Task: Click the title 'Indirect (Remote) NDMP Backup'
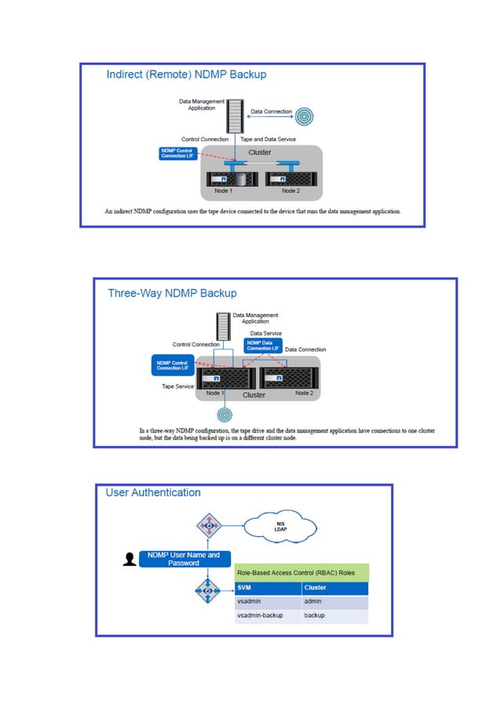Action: pos(186,75)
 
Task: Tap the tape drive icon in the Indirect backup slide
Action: pos(304,116)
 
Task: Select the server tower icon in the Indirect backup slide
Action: pos(233,115)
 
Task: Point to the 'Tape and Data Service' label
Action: pos(268,139)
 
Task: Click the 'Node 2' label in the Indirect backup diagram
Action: pos(291,191)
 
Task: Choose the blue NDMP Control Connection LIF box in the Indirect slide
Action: pos(177,152)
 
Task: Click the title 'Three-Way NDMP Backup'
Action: pos(172,293)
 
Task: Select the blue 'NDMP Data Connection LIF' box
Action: pos(262,345)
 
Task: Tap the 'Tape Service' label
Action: pos(177,386)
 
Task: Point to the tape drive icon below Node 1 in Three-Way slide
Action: pos(225,414)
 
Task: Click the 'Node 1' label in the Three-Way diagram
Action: pos(213,393)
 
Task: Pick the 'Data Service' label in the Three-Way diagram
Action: pos(266,334)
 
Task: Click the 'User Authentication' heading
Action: pos(153,493)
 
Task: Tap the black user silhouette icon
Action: pos(130,559)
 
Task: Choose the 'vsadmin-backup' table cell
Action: pos(260,616)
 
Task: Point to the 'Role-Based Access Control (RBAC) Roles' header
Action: pos(301,572)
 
